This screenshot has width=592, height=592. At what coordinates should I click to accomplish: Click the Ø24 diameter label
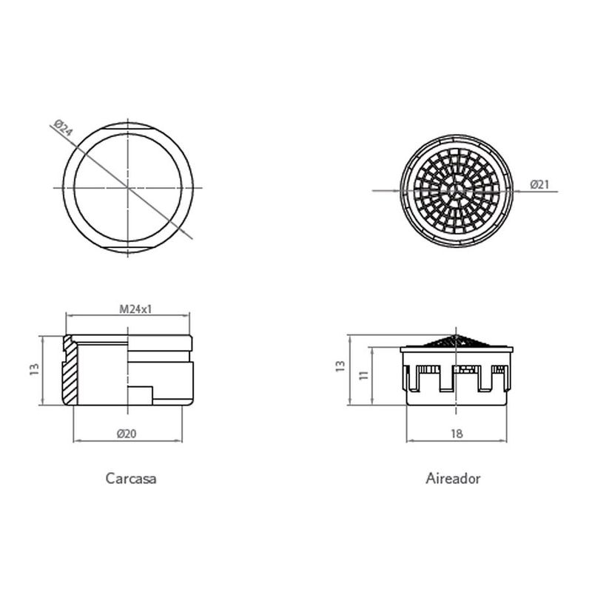point(63,128)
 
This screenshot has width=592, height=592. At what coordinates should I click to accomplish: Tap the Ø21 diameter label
point(539,184)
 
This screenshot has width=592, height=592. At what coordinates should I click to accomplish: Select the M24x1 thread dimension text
point(135,309)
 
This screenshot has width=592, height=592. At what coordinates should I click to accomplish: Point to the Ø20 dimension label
point(127,434)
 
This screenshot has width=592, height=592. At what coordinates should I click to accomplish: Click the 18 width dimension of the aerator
point(457,434)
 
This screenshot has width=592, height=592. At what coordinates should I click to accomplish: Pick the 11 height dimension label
point(363,375)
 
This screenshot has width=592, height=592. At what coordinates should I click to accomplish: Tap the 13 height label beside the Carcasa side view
point(34,369)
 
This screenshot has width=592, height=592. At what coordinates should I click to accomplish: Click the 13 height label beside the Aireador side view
point(340,366)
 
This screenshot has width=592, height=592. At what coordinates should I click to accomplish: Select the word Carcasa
point(131,478)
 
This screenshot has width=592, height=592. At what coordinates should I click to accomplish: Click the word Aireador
point(453,478)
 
